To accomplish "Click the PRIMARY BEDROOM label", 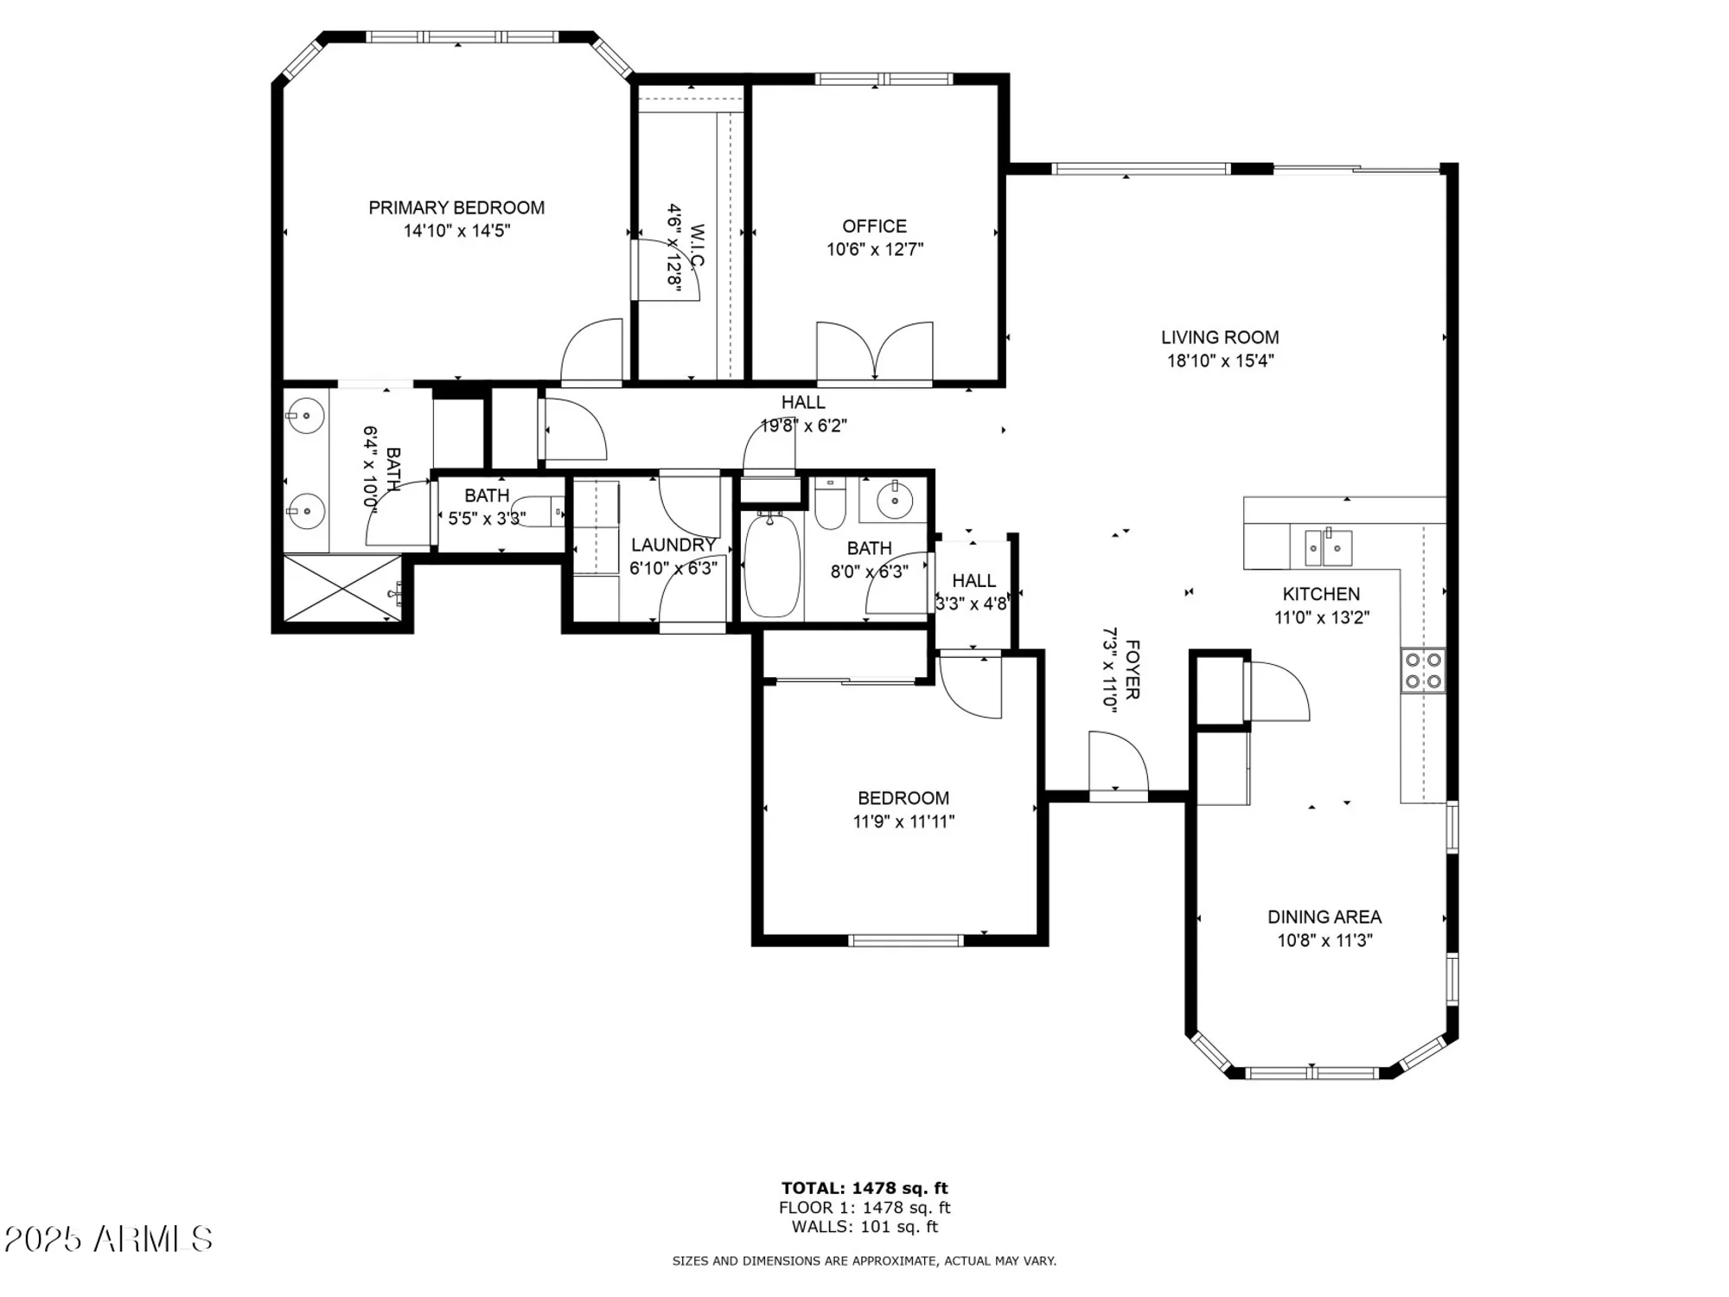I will point(456,208).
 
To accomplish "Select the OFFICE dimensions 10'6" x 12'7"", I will point(875,250).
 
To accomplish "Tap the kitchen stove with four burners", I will point(1423,670).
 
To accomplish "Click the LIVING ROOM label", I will point(1220,337).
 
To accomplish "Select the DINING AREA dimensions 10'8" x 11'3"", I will point(1324,940).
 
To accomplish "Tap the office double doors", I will point(875,353).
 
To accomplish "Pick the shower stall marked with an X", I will point(343,588).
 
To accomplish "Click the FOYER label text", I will point(1132,669).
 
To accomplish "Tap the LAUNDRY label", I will point(673,545).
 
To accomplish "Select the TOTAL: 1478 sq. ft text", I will point(864,1188).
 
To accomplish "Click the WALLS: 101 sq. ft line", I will point(864,1226).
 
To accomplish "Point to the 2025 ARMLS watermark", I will point(108,1239).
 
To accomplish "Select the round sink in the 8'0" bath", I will point(895,500).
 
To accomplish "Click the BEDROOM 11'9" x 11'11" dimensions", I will point(903,821).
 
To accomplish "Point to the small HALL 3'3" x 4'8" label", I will point(973,580).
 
